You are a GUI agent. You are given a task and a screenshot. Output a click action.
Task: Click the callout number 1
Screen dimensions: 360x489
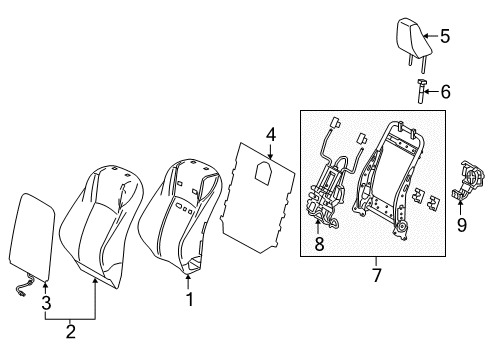pyautogui.click(x=188, y=297)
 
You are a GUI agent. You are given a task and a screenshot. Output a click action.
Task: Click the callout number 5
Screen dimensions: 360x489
pyautogui.click(x=445, y=38)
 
